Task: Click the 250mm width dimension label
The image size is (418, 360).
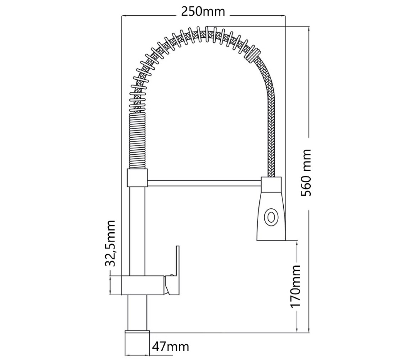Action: click(x=203, y=11)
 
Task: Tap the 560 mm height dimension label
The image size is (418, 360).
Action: click(x=306, y=173)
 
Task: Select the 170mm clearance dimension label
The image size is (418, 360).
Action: click(x=295, y=286)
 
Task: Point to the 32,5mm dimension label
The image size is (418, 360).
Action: click(x=110, y=243)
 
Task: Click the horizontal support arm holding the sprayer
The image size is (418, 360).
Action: click(x=204, y=183)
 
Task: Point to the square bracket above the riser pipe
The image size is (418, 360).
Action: click(x=137, y=178)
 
